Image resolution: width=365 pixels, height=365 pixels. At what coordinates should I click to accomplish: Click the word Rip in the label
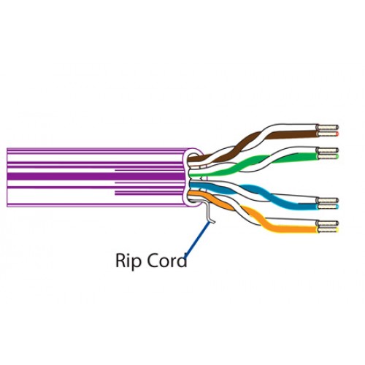tap(128, 261)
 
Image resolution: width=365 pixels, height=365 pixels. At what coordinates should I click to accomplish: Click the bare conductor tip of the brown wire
tap(328, 134)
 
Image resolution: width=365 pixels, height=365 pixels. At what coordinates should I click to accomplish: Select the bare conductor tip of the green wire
tap(328, 156)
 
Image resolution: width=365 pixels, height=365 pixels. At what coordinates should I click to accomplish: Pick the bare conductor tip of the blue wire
tap(328, 207)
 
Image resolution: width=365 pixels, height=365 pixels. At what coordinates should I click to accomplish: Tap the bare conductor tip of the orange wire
tap(328, 229)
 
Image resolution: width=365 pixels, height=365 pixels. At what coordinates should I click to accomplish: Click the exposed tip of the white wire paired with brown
tap(328, 127)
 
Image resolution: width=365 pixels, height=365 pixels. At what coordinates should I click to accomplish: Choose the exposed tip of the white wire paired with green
tap(328, 150)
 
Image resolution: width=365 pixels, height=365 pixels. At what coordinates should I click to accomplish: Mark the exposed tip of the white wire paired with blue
tap(328, 201)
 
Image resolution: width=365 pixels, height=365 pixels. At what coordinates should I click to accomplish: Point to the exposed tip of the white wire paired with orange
tap(328, 223)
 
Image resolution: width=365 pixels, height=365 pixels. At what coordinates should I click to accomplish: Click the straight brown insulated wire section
tap(292, 134)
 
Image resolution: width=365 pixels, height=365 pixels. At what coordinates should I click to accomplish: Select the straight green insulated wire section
tap(305, 156)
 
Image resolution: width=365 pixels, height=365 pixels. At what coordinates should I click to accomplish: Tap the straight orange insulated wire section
tap(292, 229)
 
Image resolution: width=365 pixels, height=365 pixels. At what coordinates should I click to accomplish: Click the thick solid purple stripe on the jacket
tap(96, 176)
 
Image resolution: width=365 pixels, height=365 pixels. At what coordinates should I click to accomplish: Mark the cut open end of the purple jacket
tap(193, 177)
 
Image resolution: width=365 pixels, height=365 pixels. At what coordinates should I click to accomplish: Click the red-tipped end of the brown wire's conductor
tap(337, 134)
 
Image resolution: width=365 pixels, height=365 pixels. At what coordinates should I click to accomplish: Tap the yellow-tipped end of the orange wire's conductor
tap(337, 229)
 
